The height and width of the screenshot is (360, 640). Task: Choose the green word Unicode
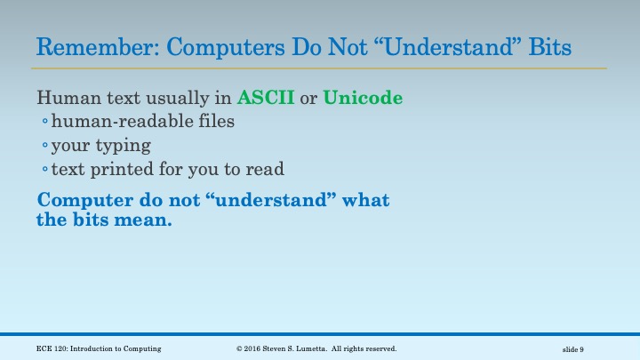(363, 98)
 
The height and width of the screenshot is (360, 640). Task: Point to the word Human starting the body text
(62, 98)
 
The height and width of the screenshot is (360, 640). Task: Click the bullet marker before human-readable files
(44, 123)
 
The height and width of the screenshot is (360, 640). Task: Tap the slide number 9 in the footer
(581, 349)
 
